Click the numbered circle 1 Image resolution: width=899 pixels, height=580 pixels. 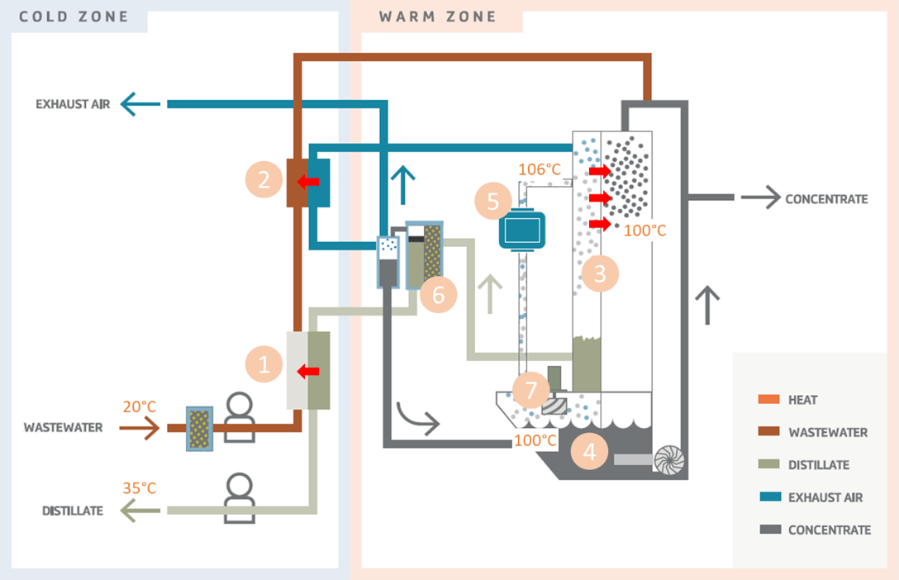264,365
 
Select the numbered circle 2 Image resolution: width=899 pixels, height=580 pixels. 264,179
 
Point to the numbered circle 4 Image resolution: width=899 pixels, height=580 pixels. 589,451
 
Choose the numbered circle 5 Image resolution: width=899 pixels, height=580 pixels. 493,201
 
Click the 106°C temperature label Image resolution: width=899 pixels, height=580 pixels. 540,169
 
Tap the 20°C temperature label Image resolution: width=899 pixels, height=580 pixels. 139,406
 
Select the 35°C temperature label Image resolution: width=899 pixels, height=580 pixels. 139,487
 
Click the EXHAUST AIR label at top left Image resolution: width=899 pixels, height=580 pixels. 73,104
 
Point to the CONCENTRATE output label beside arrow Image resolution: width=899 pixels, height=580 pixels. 826,199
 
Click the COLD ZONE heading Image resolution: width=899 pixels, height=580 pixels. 74,17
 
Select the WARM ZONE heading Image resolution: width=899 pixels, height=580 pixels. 438,17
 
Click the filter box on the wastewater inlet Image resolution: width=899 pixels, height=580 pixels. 199,428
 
